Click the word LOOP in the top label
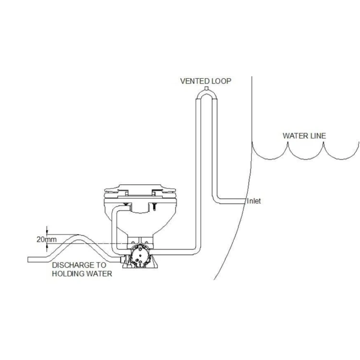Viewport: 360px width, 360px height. pyautogui.click(x=221, y=81)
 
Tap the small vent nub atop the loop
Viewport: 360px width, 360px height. pyautogui.click(x=206, y=88)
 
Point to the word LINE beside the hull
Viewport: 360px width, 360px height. pyautogui.click(x=318, y=136)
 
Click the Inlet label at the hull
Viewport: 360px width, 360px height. pyautogui.click(x=254, y=201)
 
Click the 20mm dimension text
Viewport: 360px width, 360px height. pyautogui.click(x=47, y=240)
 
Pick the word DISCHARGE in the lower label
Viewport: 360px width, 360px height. pyautogui.click(x=72, y=265)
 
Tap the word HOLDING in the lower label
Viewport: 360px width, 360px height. pyautogui.click(x=68, y=274)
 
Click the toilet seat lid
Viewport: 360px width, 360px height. pyautogui.click(x=140, y=188)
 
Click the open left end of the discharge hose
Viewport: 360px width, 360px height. pyautogui.click(x=28, y=259)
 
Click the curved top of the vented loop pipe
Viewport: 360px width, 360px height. pyautogui.click(x=206, y=94)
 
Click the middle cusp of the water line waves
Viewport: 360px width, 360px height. pyautogui.click(x=288, y=144)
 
